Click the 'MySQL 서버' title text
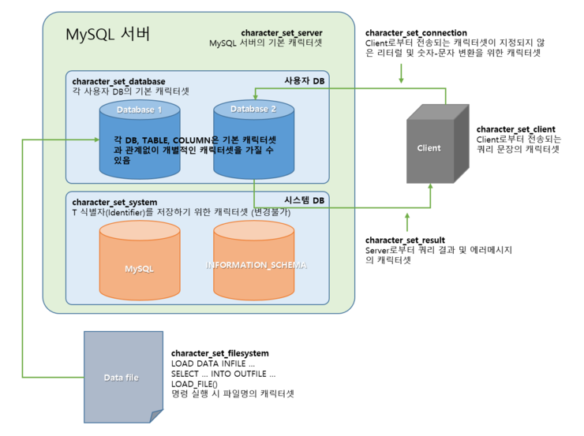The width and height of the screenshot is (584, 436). coord(107,34)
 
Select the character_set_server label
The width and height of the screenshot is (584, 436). coord(282,33)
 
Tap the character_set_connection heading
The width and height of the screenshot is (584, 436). coord(416,33)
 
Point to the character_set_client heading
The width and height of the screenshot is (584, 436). coord(516,129)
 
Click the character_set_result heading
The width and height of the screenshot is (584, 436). coord(405,240)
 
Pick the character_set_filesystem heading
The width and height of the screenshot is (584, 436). coord(219,353)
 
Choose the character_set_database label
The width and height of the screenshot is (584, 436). coord(119,81)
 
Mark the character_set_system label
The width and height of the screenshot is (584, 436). coord(114,203)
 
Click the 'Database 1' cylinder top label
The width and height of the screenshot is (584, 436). coord(140,110)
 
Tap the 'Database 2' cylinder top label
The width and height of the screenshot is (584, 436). coord(253,109)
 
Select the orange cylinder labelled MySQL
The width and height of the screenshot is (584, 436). coord(140,260)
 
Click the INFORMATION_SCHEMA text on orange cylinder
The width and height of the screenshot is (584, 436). coord(256,265)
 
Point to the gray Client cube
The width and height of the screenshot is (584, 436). coord(438,144)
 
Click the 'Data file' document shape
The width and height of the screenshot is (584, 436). coord(123,377)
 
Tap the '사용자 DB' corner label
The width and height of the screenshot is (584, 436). coord(305,80)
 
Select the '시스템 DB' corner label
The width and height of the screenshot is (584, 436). coord(305,200)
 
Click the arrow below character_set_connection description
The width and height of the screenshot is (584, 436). coord(401,73)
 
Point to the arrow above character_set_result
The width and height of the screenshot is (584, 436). coord(407,222)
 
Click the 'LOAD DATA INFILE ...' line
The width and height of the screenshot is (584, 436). coord(213,363)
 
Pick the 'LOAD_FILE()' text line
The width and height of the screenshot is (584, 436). coord(194,384)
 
